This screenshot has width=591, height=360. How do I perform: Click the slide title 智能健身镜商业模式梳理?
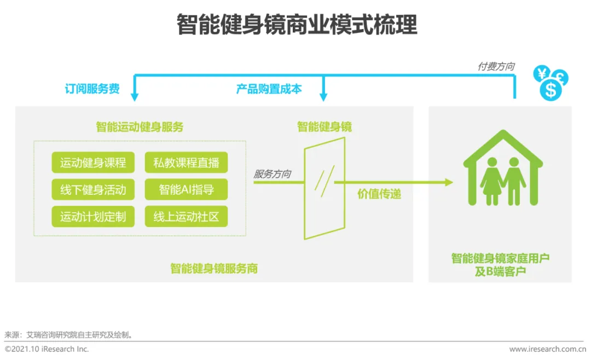[296, 25]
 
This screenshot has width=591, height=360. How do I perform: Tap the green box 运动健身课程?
[92, 162]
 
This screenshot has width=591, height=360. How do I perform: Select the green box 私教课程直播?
[186, 162]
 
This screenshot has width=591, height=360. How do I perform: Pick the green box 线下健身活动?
[92, 190]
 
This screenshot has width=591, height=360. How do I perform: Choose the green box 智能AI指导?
[186, 190]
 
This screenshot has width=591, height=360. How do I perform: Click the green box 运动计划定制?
[92, 217]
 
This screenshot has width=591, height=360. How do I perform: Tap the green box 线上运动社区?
[186, 217]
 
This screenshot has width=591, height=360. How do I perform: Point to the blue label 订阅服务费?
[92, 89]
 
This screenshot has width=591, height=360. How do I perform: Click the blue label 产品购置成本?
[269, 89]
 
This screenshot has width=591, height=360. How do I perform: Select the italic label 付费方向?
[496, 66]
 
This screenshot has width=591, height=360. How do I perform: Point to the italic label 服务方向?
[272, 175]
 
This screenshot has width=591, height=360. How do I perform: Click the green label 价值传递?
[379, 194]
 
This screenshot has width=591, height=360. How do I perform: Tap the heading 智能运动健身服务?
[140, 127]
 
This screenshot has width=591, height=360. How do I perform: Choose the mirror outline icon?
[325, 188]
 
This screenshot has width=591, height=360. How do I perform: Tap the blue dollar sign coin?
[550, 90]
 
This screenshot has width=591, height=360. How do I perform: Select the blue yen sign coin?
[542, 73]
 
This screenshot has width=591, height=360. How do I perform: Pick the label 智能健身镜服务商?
[213, 269]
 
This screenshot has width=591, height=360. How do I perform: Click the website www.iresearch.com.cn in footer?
[547, 349]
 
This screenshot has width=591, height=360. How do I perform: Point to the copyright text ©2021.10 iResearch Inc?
[47, 349]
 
